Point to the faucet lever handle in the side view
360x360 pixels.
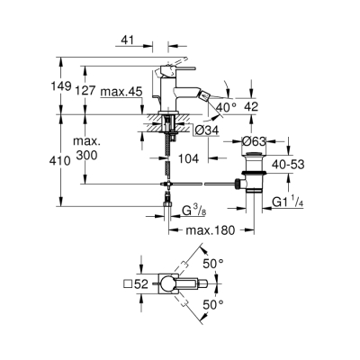click(x=179, y=66)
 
